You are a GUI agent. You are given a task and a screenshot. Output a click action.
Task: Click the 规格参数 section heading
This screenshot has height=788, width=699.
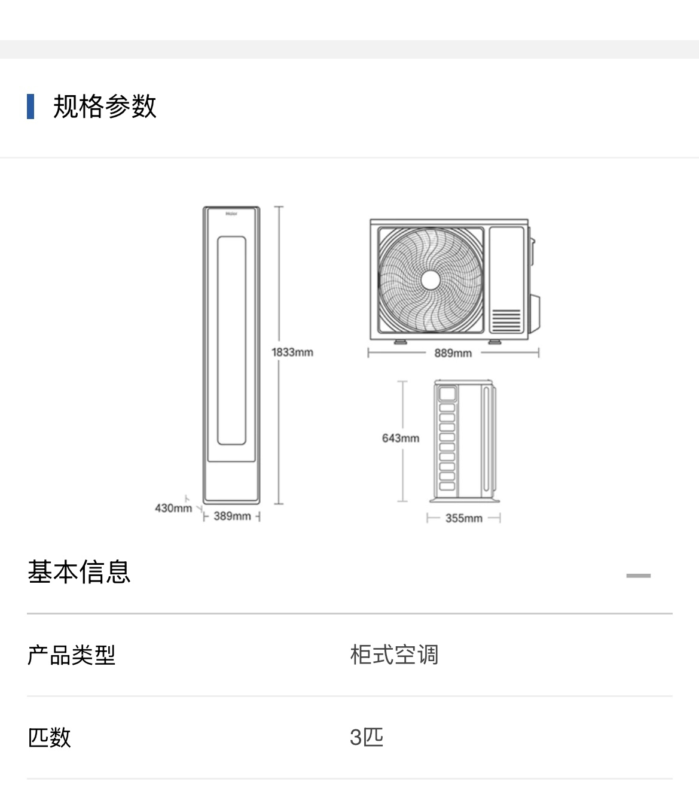pos(105,107)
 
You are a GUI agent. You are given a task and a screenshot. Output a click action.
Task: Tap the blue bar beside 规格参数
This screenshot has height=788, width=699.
pos(30,107)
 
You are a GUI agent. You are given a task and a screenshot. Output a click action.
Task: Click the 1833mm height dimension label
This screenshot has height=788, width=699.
pos(292,352)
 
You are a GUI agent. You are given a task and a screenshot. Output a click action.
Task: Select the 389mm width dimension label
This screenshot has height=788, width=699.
pos(232,516)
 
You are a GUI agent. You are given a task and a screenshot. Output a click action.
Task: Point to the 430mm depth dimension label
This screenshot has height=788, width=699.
pos(173,508)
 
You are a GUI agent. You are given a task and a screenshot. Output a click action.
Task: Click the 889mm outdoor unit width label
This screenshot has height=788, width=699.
pos(453,353)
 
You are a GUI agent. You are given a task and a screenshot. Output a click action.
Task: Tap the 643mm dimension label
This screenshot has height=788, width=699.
pos(401,438)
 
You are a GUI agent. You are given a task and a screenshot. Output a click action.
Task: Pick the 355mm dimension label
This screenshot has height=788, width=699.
pos(463,518)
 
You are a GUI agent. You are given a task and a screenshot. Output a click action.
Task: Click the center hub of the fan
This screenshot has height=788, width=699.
pos(431,280)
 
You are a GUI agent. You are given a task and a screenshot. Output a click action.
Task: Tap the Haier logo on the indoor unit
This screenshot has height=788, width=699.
pos(231,213)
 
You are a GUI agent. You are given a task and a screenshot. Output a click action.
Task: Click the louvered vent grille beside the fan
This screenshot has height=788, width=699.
pos(506,320)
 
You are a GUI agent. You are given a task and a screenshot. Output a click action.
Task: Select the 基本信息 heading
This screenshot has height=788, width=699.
pos(79,571)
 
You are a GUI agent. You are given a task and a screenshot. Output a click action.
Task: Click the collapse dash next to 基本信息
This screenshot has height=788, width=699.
pos(638,576)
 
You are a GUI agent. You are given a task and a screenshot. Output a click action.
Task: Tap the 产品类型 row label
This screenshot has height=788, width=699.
pos(71,655)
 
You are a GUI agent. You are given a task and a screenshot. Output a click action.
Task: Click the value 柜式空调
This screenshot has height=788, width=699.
pos(394,655)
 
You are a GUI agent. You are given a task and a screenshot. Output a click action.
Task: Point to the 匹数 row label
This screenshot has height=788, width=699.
pos(50,737)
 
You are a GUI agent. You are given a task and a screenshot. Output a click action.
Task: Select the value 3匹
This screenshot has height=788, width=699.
pos(367,737)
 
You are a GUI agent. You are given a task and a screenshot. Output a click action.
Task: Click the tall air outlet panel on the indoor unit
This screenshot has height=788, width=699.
pos(231,340)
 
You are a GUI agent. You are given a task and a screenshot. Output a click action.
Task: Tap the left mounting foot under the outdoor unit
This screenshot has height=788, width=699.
pos(399,342)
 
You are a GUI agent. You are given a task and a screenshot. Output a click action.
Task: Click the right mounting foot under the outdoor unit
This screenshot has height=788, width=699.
pos(495,342)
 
